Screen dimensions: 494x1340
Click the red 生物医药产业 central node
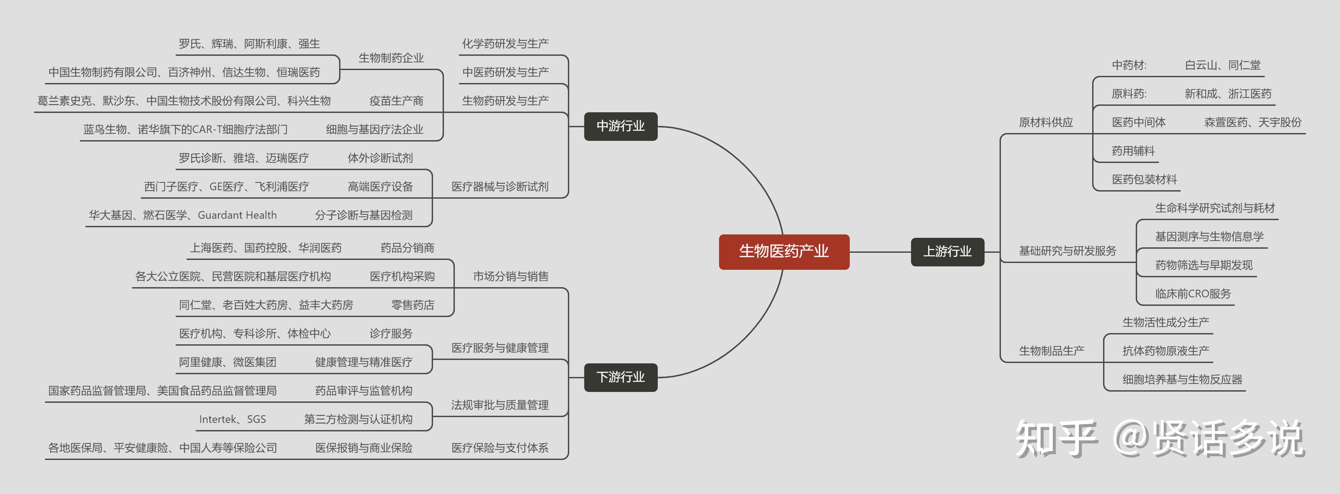point(784,252)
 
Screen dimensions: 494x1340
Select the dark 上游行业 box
point(947,252)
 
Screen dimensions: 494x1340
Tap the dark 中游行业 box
point(621,126)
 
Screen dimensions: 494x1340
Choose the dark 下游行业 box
point(621,377)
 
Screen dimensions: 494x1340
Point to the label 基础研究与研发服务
point(1067,251)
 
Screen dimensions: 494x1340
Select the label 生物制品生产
point(1051,351)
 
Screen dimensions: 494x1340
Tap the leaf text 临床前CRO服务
point(1193,294)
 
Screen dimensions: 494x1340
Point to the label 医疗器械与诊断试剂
point(499,187)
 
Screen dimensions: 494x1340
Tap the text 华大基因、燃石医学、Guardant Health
point(182,215)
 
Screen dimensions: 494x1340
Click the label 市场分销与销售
point(510,277)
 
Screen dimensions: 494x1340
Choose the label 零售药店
point(413,305)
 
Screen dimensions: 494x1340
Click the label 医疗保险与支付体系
point(499,448)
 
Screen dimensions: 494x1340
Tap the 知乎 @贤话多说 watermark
point(1160,438)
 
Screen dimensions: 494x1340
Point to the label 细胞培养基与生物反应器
point(1182,380)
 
